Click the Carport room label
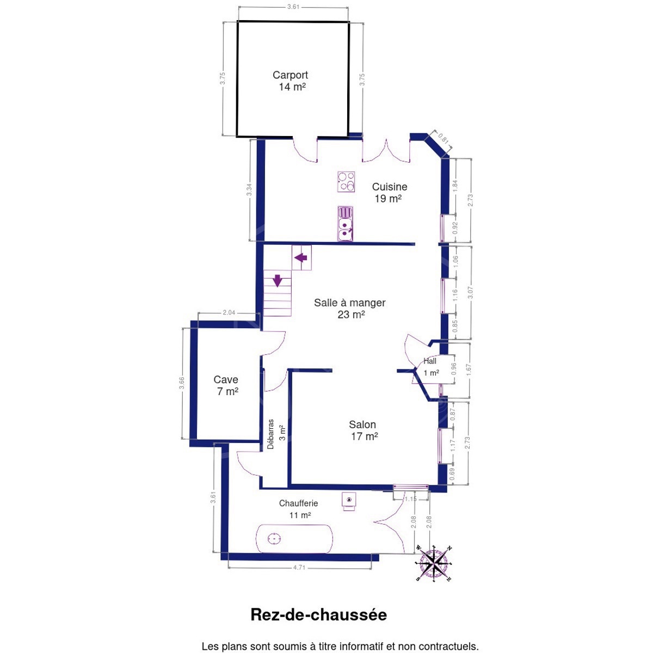290,81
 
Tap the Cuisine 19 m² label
389,193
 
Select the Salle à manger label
349,309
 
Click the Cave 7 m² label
226,386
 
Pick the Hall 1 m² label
430,367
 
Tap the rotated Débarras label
270,434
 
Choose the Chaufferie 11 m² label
299,509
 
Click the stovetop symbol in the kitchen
346,182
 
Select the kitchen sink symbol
345,224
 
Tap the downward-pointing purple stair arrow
278,281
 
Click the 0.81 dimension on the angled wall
443,139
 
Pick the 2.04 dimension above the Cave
229,312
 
